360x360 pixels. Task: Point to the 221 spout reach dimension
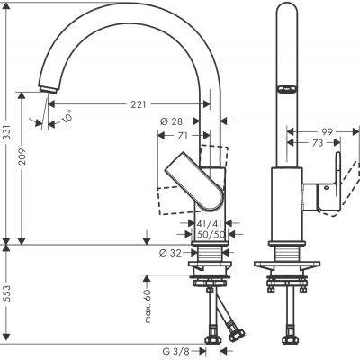[x=138, y=105]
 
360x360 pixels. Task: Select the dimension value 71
[x=182, y=135]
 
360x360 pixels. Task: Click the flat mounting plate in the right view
[x=286, y=266]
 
